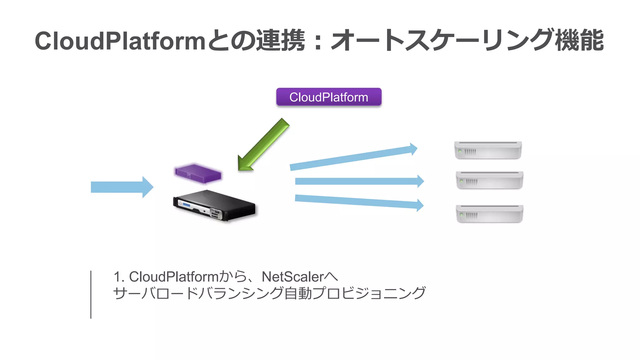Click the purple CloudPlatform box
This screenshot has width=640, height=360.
(328, 97)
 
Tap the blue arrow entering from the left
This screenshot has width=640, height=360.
(122, 187)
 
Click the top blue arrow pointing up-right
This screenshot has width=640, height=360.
(353, 158)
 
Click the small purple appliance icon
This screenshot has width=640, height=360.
(198, 174)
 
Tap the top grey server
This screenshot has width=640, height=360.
(488, 150)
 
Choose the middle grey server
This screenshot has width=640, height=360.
(489, 180)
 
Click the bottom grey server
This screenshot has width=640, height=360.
(489, 214)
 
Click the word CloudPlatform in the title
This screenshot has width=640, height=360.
(120, 41)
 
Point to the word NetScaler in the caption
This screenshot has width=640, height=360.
(292, 277)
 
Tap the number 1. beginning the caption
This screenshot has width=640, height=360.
(119, 277)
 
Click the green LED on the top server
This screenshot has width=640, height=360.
(460, 151)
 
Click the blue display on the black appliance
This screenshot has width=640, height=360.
(186, 205)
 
